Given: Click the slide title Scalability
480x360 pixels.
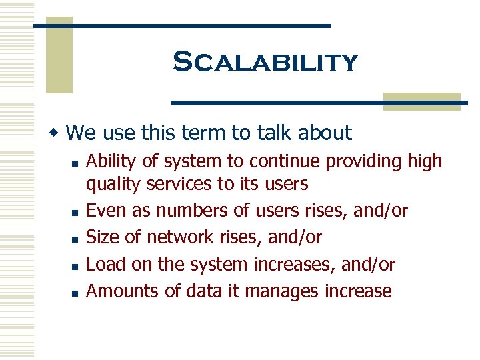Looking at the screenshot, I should [265, 63].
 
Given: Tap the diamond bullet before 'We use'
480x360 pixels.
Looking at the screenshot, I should [58, 132].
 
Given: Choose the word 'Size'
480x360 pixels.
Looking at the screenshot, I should [102, 237].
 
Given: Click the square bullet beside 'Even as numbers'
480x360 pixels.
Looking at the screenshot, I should [77, 212].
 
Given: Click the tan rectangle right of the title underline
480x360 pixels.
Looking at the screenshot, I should [422, 101].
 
